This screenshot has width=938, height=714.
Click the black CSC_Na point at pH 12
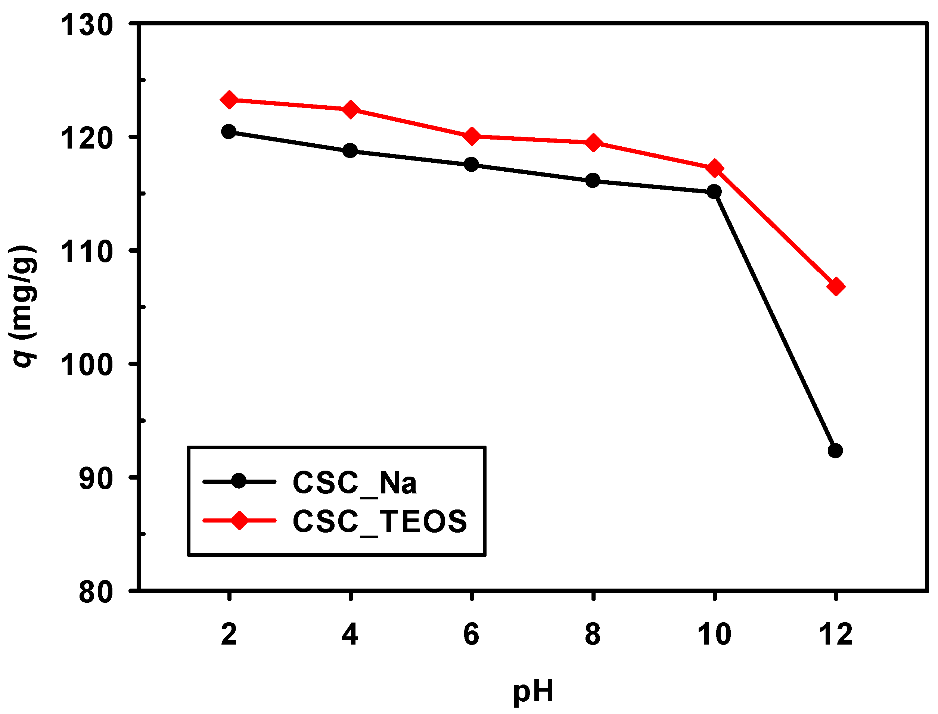coord(835,450)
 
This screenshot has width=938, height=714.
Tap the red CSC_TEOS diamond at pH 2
coord(229,100)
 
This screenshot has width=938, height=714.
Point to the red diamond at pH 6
coord(471,137)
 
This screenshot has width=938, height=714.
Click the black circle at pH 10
coord(714,192)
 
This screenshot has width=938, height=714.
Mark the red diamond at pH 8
coord(593,143)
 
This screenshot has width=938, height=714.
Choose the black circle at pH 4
coord(350,150)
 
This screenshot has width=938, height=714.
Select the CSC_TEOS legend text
coord(380,522)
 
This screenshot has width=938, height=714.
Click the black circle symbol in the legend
coord(239,481)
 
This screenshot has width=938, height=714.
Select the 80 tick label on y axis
coord(96,592)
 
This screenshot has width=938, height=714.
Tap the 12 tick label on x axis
coord(835,635)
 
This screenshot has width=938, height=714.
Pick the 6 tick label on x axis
coord(471,635)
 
